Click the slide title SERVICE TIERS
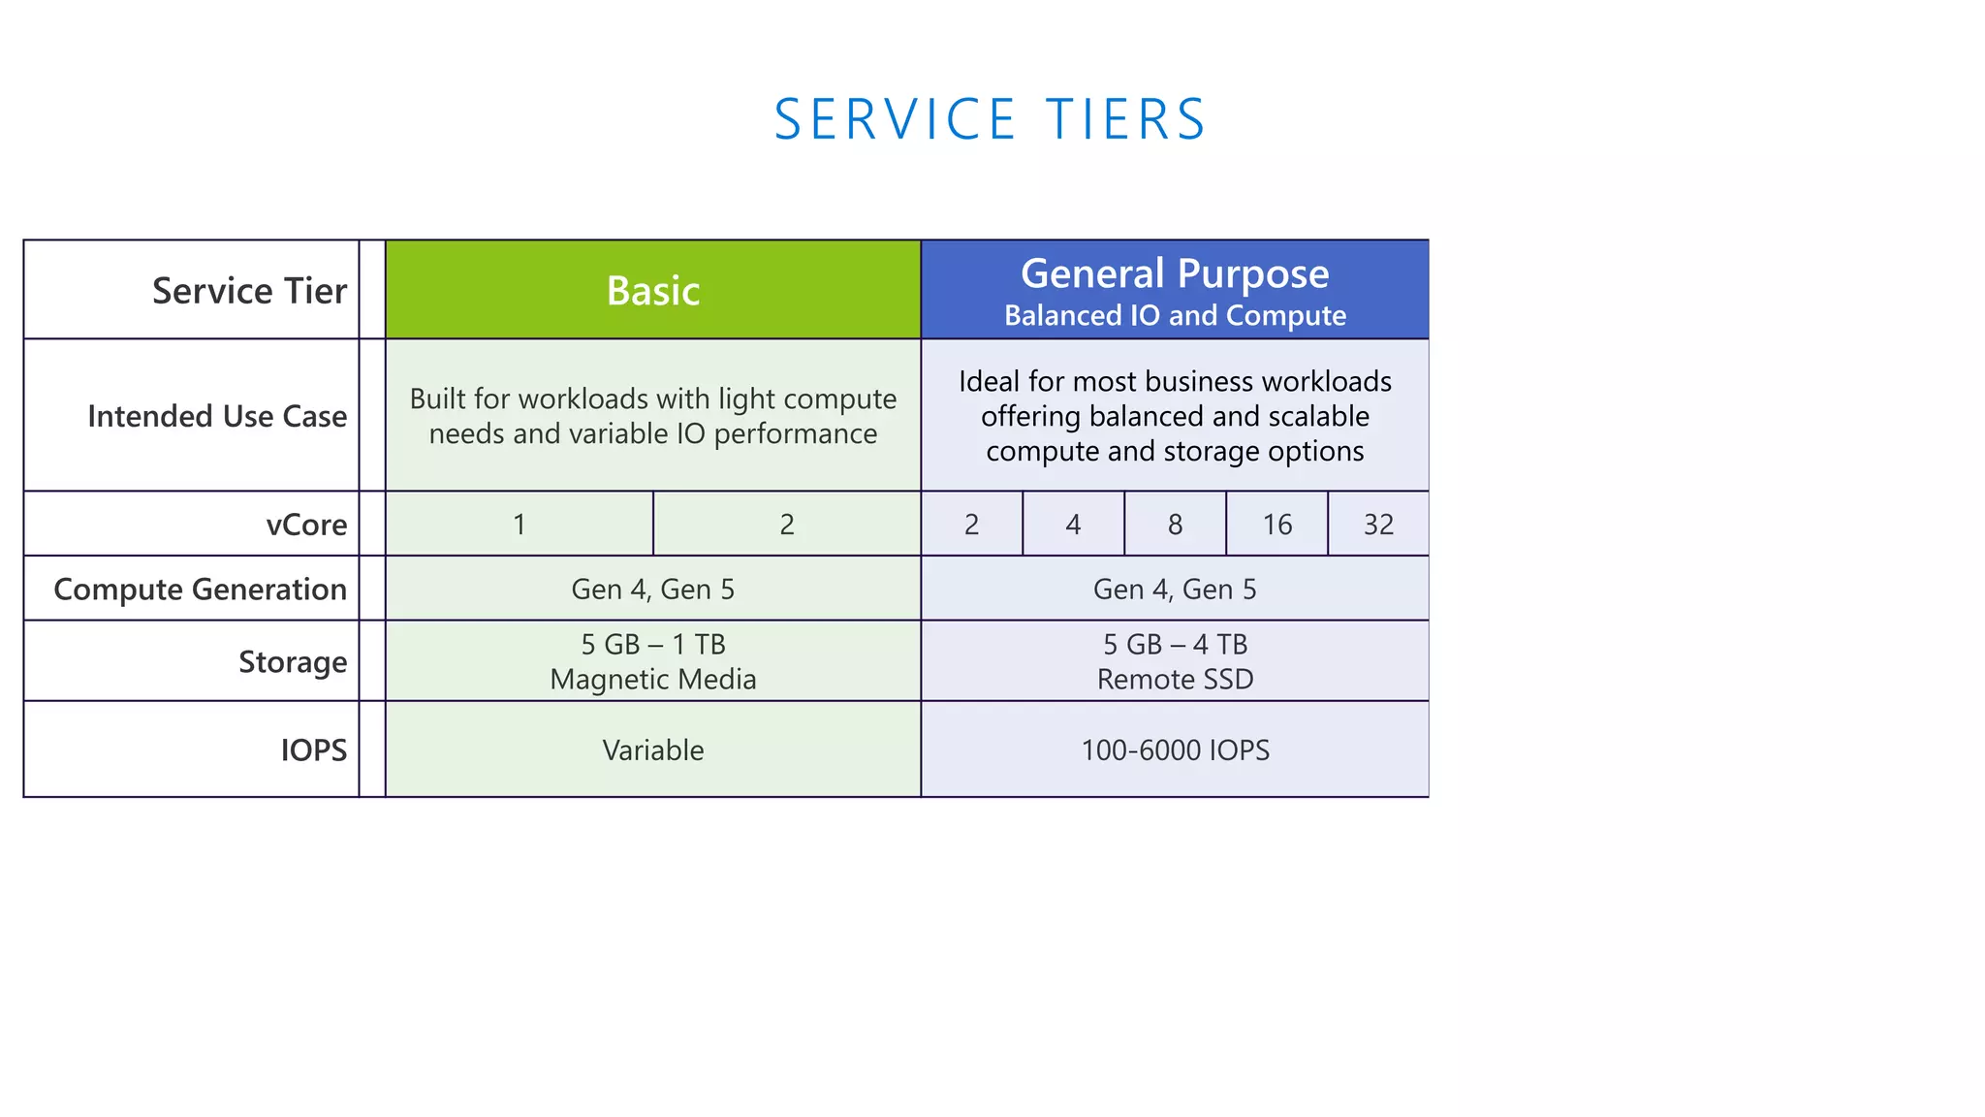pos(990,120)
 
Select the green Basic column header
pos(652,290)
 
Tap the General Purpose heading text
pos(1174,273)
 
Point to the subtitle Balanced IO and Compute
pos(1174,316)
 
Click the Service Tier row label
pos(249,291)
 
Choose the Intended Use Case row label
pos(217,416)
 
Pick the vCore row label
pos(306,525)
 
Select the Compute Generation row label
pos(200,590)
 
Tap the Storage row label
pos(293,662)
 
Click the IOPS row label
pos(313,750)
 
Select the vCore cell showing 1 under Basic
pos(520,525)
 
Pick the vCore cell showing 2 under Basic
pos(787,525)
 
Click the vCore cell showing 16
pos(1276,525)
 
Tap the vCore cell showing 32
pos(1378,525)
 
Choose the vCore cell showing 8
pos(1175,525)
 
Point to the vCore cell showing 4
pos(1073,525)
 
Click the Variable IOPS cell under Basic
pos(652,750)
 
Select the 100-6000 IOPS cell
pos(1175,750)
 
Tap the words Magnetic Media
pos(652,680)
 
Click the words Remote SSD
pos(1175,680)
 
